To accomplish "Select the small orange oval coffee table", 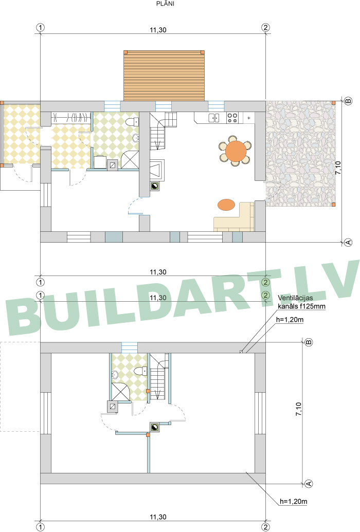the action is coord(226,205).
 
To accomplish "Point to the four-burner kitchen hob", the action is coord(232,118).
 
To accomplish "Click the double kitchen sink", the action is coord(213,118).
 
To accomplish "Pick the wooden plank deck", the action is coord(164,76).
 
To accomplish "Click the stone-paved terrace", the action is coord(300,154).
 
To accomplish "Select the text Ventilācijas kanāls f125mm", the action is coord(301,302).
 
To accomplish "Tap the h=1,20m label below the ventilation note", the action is coord(290,319).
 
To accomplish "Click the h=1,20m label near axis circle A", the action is coord(294,501).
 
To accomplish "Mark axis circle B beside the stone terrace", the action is coord(348,101).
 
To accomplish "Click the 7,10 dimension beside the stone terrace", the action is coord(338,168).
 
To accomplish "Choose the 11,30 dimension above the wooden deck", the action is coord(158,30).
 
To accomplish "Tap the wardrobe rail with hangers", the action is coord(71,117).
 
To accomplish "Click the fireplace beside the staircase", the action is coord(157,169).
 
